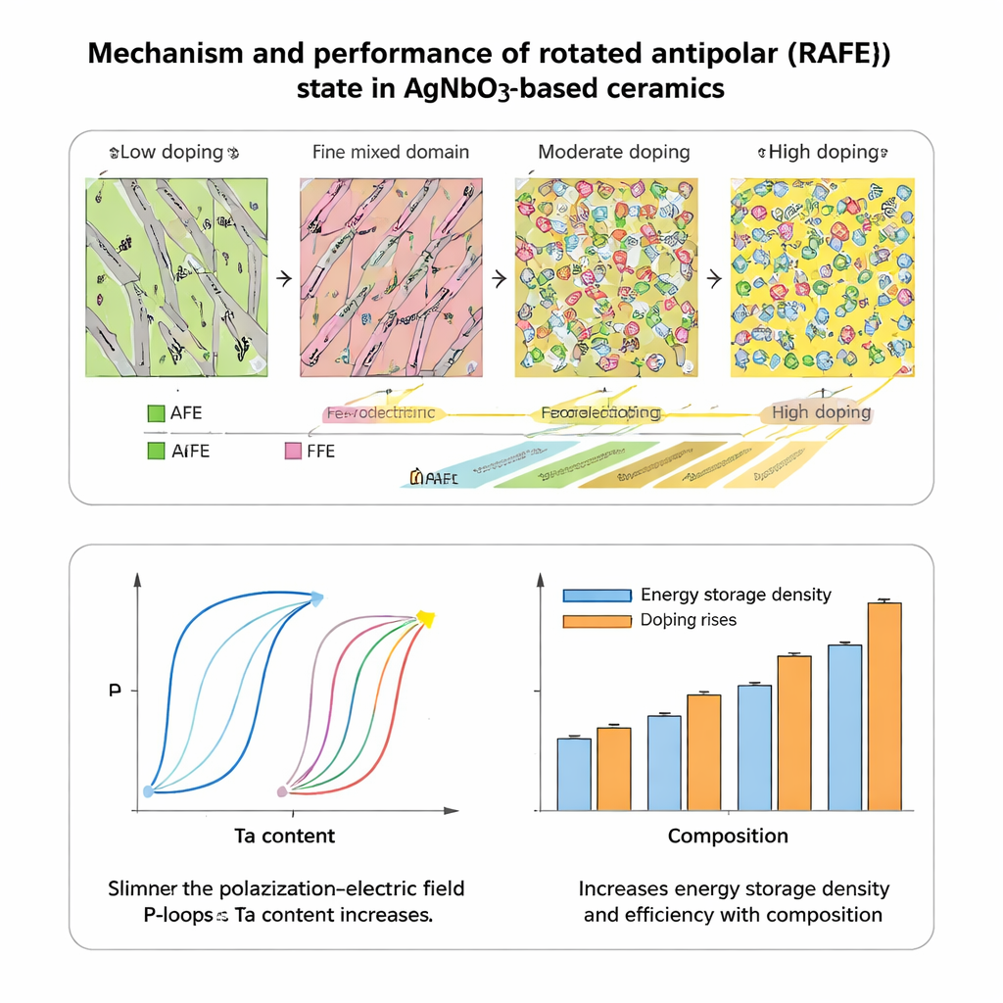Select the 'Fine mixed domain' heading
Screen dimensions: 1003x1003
(391, 153)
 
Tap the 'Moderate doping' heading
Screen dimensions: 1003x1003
(614, 153)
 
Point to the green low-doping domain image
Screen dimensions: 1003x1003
(176, 277)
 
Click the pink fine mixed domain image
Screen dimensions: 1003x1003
(391, 277)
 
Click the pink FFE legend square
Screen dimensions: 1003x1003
(291, 452)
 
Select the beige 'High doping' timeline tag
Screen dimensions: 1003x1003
(819, 412)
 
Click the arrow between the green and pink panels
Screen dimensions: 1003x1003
(285, 279)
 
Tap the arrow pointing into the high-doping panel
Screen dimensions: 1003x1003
(714, 279)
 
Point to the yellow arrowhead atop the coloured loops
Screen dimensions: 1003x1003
(425, 618)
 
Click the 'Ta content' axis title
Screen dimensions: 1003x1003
(285, 836)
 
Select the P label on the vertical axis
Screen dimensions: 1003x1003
(115, 691)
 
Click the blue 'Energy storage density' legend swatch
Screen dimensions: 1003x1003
(597, 596)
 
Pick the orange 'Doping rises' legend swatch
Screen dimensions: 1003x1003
(597, 620)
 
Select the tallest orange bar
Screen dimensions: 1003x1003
(884, 706)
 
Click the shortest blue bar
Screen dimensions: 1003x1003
(574, 774)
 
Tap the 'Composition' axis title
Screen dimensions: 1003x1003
(728, 836)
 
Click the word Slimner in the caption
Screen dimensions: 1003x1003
(145, 889)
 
